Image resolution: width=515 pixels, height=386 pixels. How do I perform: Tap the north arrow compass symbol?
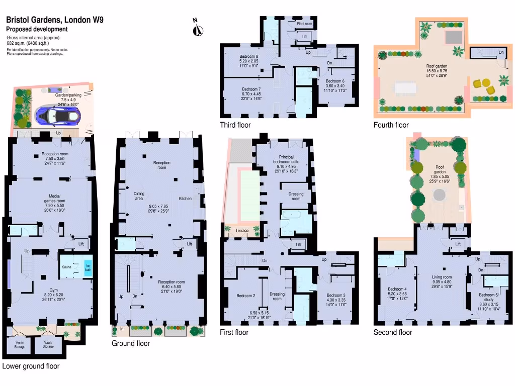pos(198,28)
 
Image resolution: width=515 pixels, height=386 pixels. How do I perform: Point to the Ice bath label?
pos(88,267)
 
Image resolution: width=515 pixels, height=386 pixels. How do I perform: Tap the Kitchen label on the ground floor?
pos(185,199)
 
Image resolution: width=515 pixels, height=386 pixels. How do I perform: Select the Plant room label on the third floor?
pos(304,24)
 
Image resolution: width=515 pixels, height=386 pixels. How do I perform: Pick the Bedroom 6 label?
pos(335,81)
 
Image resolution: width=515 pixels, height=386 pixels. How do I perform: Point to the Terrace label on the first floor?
pos(242,230)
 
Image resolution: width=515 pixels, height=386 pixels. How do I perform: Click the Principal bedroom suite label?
pos(286,160)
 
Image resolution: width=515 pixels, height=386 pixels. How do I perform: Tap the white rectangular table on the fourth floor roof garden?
pos(406,89)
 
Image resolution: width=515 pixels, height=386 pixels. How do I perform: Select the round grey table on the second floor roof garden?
pos(441,194)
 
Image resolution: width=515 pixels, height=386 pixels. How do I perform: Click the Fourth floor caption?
pos(391,125)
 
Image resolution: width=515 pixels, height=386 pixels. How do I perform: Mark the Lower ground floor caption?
pos(31,366)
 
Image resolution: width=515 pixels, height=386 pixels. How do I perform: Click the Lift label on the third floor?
pos(304,37)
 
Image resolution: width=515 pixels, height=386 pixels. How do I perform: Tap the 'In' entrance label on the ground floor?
pos(122,330)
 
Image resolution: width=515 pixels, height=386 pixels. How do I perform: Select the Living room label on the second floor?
pos(442,277)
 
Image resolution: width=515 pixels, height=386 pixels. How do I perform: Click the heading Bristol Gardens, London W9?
pos(54,20)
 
